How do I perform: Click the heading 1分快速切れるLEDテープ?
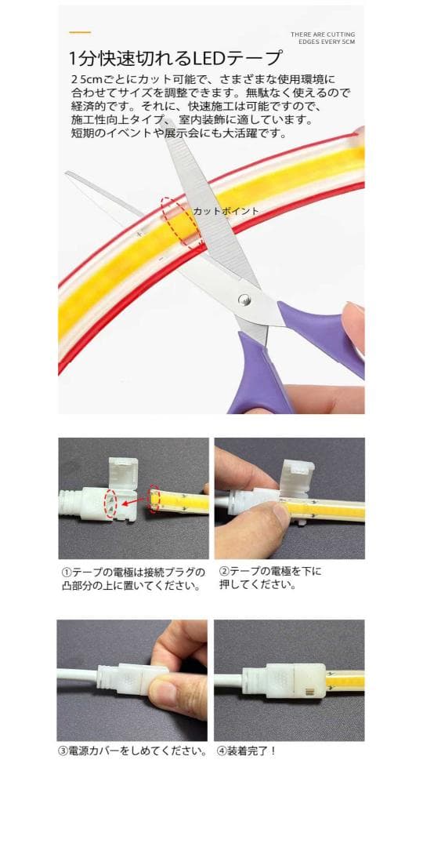tap(175, 58)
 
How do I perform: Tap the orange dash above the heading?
tap(80, 33)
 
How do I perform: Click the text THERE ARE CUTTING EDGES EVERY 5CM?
tap(323, 38)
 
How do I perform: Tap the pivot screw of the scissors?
tap(244, 298)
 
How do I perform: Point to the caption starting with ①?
tap(133, 578)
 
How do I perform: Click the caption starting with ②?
tap(270, 578)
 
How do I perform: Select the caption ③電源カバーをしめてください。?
tap(133, 751)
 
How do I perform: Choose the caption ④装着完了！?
tap(248, 751)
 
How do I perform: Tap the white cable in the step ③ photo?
tap(76, 674)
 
